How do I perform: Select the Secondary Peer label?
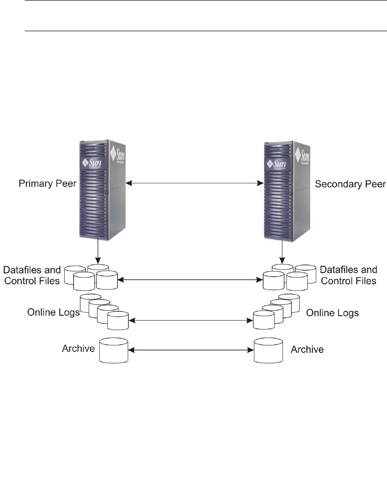(x=350, y=184)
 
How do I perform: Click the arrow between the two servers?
(x=193, y=184)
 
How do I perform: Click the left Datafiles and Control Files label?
(x=32, y=276)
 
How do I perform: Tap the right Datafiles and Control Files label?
(x=348, y=276)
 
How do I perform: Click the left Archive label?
(x=78, y=348)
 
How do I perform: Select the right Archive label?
(x=307, y=349)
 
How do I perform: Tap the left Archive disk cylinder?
(x=113, y=351)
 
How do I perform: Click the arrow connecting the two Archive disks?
(x=191, y=350)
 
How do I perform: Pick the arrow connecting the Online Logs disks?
(x=191, y=321)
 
